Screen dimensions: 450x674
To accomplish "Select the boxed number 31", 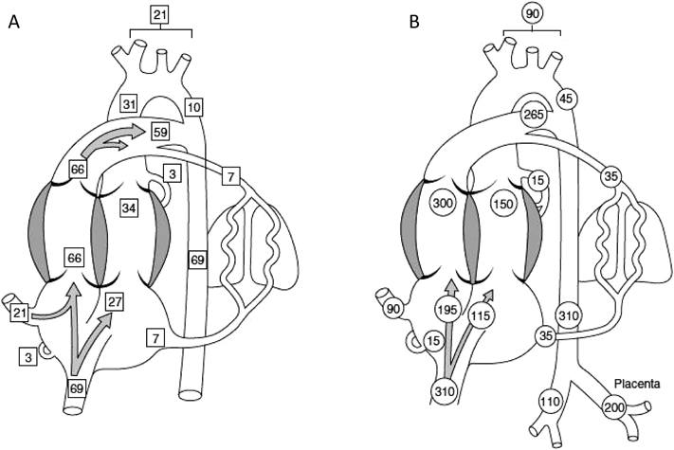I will (x=131, y=102).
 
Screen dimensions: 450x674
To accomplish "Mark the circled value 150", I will (x=503, y=205).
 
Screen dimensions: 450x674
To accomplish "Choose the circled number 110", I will (x=547, y=402).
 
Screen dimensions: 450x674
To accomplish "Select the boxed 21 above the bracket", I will (x=159, y=14).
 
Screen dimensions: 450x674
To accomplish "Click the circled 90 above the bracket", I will (x=532, y=13).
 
